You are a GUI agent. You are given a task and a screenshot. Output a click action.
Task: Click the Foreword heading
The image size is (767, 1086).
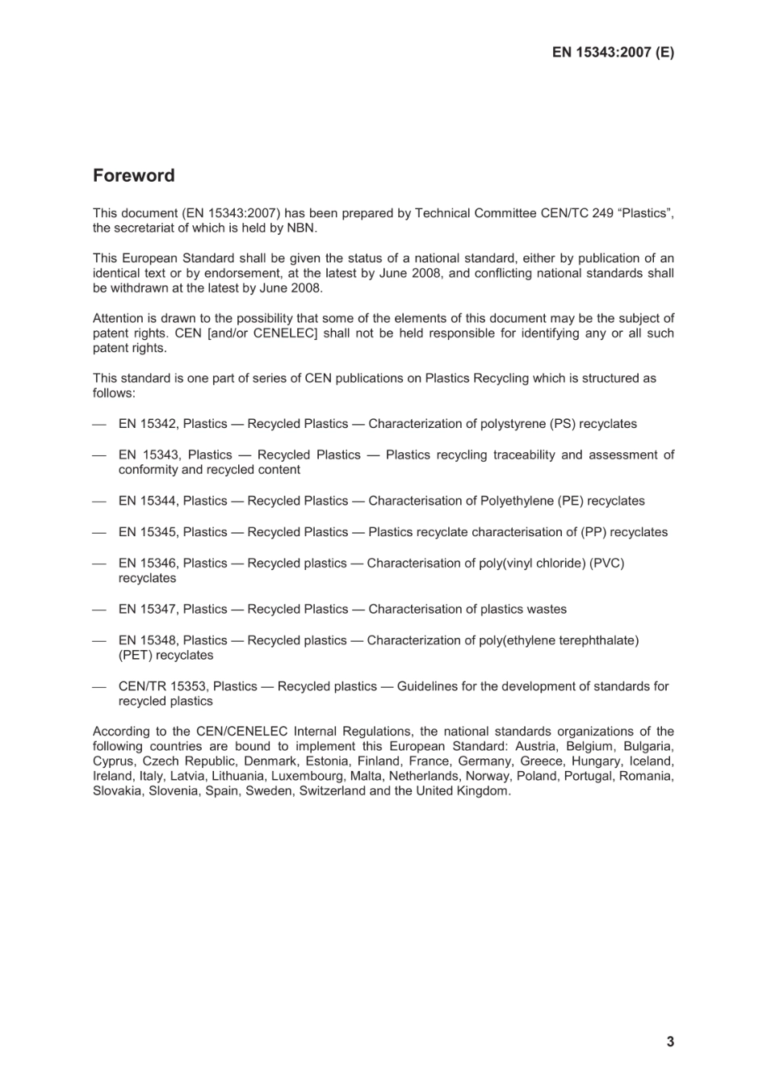[133, 175]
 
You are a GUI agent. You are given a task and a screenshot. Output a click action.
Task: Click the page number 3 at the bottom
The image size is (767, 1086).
[670, 1042]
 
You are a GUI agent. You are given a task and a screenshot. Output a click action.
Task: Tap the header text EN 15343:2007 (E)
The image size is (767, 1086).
[613, 52]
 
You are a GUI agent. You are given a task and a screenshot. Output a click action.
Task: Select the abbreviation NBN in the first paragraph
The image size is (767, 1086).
[302, 229]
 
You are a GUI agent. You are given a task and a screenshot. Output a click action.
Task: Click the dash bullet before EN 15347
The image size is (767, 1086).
[99, 610]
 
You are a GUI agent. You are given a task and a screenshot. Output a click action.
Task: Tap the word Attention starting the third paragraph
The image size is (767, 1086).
[118, 318]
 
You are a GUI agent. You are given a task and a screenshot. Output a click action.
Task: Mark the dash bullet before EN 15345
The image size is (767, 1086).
[99, 532]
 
